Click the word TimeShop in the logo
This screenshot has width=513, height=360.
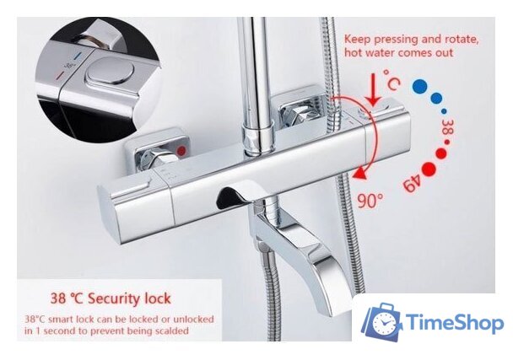click(455, 322)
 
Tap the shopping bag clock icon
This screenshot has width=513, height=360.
click(381, 322)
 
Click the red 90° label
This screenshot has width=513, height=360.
click(370, 201)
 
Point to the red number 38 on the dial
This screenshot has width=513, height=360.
click(447, 126)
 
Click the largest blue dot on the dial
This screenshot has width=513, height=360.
click(420, 86)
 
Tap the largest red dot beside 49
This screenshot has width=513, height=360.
click(429, 169)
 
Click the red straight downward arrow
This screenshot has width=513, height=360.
click(373, 89)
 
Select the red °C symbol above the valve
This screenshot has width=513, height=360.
click(391, 79)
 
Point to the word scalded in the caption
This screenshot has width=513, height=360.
click(170, 330)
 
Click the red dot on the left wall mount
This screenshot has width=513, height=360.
click(181, 151)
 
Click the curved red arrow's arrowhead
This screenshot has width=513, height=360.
click(361, 173)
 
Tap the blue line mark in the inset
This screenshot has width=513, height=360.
click(78, 56)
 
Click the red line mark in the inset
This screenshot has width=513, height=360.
click(61, 76)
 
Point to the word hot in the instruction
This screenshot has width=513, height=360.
click(353, 52)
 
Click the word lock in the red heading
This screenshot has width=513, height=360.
click(158, 298)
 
